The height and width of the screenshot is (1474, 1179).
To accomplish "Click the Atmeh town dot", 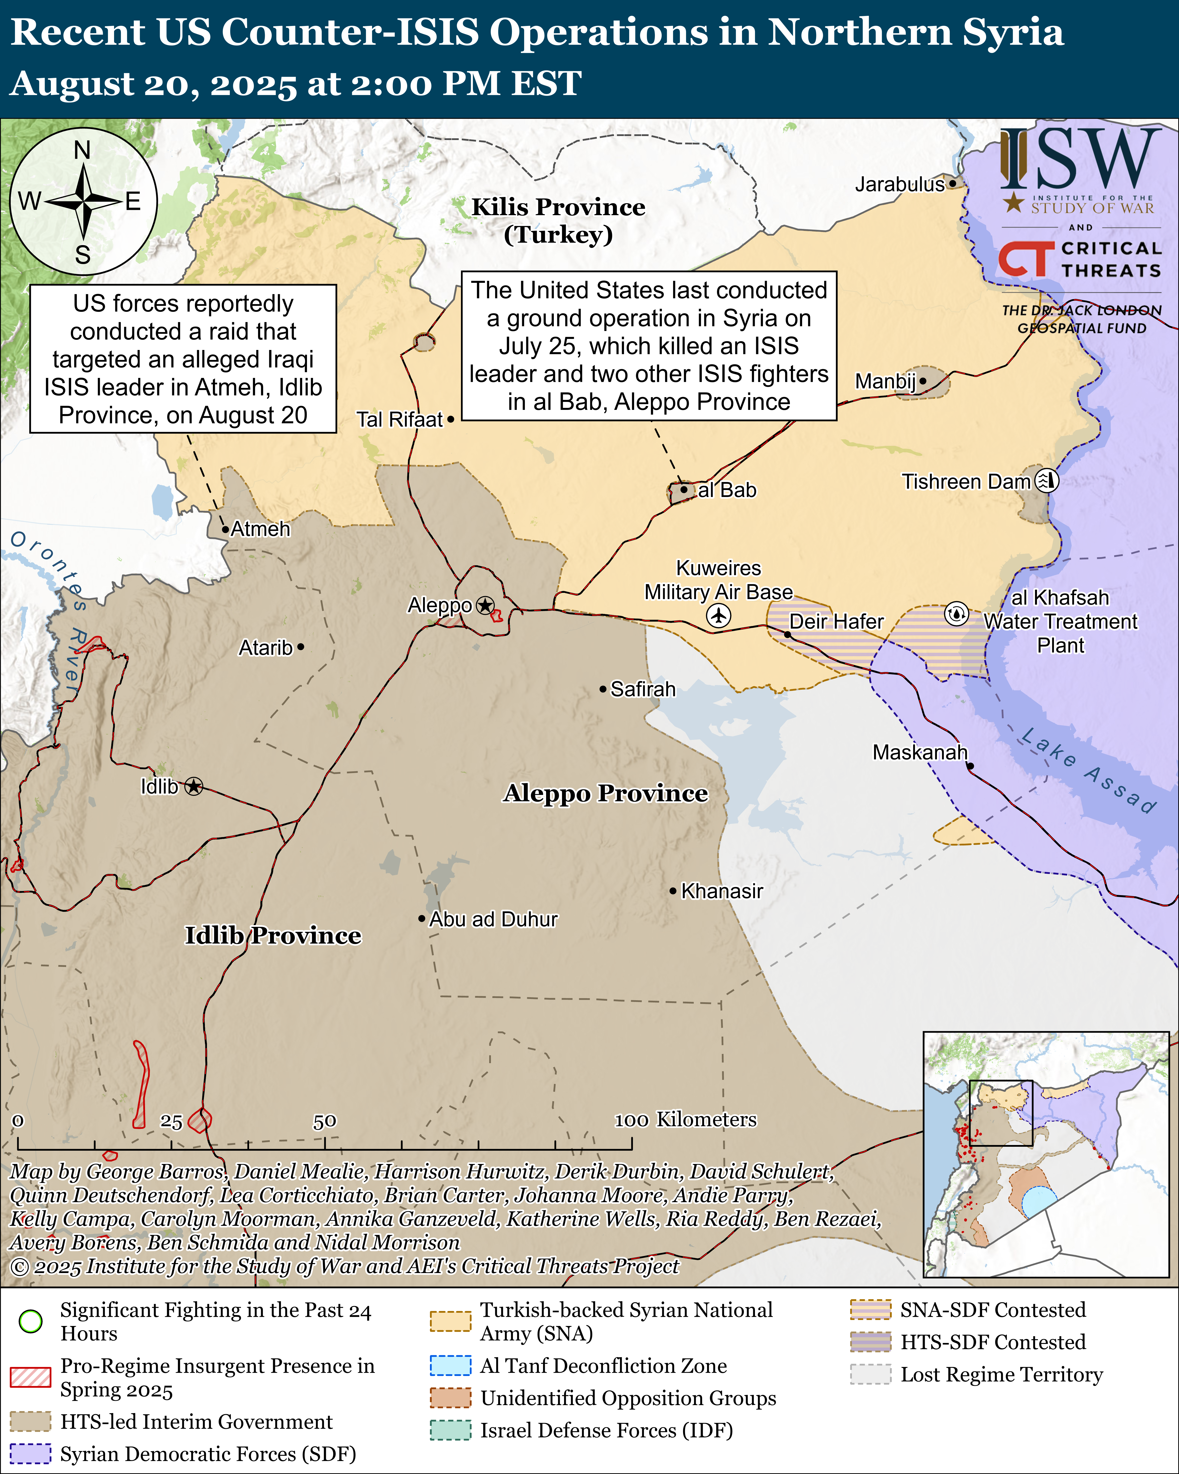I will point(225,529).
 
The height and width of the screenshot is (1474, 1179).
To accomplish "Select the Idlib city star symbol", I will point(194,787).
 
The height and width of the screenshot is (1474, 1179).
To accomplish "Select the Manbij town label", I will point(885,381).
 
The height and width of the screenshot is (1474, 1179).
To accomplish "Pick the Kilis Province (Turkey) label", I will point(558,220).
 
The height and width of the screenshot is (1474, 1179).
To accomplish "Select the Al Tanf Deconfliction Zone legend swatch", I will point(450,1365).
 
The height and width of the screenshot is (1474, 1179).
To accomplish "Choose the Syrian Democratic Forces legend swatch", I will point(31,1454).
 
